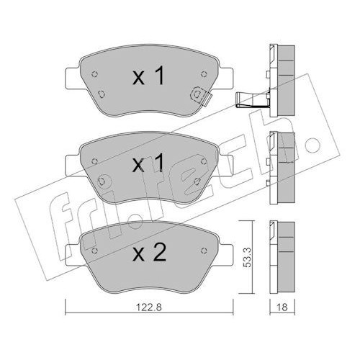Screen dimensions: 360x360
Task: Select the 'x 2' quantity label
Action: click(x=149, y=252)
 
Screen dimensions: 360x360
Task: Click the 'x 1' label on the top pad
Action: click(x=149, y=76)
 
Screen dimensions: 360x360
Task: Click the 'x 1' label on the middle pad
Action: click(x=149, y=163)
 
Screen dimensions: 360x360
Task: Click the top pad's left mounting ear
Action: click(x=72, y=78)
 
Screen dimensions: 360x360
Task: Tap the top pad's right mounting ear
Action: click(x=225, y=78)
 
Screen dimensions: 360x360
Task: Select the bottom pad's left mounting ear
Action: click(x=72, y=255)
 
